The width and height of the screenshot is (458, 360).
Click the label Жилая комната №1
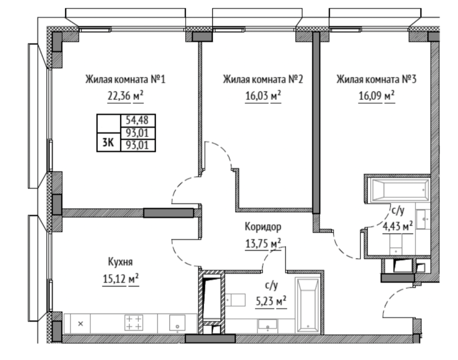pos(125,79)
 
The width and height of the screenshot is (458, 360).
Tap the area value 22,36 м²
pos(125,96)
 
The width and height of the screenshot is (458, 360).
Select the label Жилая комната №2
pos(263,79)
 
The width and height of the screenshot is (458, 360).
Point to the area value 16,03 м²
pos(263,96)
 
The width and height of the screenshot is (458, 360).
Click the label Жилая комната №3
pos(376,79)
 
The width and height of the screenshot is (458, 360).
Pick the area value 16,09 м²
pos(376,96)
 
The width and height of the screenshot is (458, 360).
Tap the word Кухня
pos(120,262)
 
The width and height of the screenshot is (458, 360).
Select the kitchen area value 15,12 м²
pos(121,278)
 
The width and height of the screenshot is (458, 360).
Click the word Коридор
pos(263,226)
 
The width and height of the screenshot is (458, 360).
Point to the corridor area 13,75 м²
pos(263,243)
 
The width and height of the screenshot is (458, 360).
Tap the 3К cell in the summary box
pos(108,142)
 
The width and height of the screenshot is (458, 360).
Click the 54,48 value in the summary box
pos(137,120)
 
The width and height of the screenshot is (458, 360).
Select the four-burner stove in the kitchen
pos(134,322)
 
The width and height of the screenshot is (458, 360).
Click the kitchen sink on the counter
pos(177,322)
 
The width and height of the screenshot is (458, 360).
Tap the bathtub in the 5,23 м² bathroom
pos(307,305)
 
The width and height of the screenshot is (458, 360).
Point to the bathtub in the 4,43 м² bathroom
pos(399,190)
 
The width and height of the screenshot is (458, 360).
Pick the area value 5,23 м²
pos(271,301)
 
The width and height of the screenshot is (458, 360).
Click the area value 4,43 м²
pos(398,226)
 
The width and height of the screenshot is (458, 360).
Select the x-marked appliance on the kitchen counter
pos(81,323)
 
